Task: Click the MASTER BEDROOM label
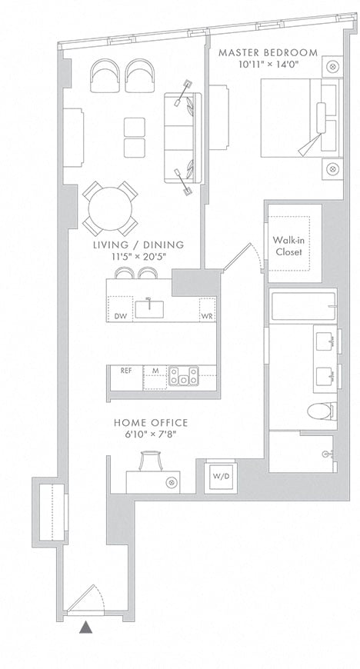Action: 268,53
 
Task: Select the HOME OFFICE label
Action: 151,423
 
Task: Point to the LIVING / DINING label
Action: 138,245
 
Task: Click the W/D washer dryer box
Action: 220,476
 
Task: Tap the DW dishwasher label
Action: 118,316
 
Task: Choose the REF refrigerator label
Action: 126,371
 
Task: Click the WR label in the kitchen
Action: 207,316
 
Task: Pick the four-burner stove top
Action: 184,376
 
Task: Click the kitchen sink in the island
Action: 149,309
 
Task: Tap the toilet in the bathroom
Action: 320,411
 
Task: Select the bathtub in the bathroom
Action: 302,306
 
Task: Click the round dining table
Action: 110,209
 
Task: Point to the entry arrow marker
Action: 85,627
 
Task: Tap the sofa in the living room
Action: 183,138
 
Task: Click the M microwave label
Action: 155,371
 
